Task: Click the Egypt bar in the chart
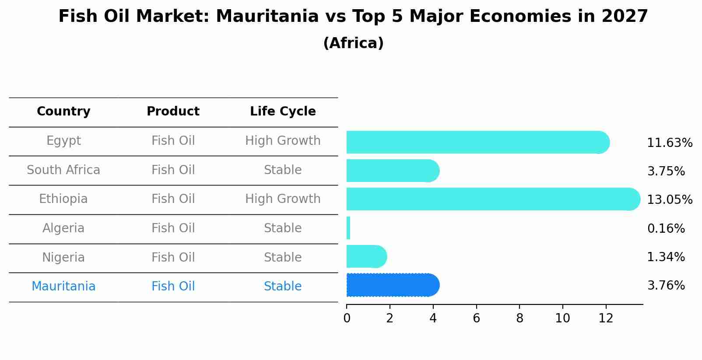[477, 142]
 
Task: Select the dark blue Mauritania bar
[392, 285]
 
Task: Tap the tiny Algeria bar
[348, 228]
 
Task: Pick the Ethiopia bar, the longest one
[493, 199]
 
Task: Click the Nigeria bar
[366, 256]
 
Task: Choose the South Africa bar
[392, 171]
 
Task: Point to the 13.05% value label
[670, 200]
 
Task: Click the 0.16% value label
[666, 228]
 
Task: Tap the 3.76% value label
[666, 286]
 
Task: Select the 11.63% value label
[670, 143]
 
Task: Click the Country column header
[63, 112]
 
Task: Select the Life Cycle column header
[283, 112]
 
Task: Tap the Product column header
[173, 112]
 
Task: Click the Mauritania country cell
[63, 287]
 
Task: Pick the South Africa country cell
[63, 170]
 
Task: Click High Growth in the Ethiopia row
[283, 199]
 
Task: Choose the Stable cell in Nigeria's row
[283, 257]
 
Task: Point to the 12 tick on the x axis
[606, 318]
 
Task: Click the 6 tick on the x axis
[476, 318]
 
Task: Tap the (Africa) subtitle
[353, 43]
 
